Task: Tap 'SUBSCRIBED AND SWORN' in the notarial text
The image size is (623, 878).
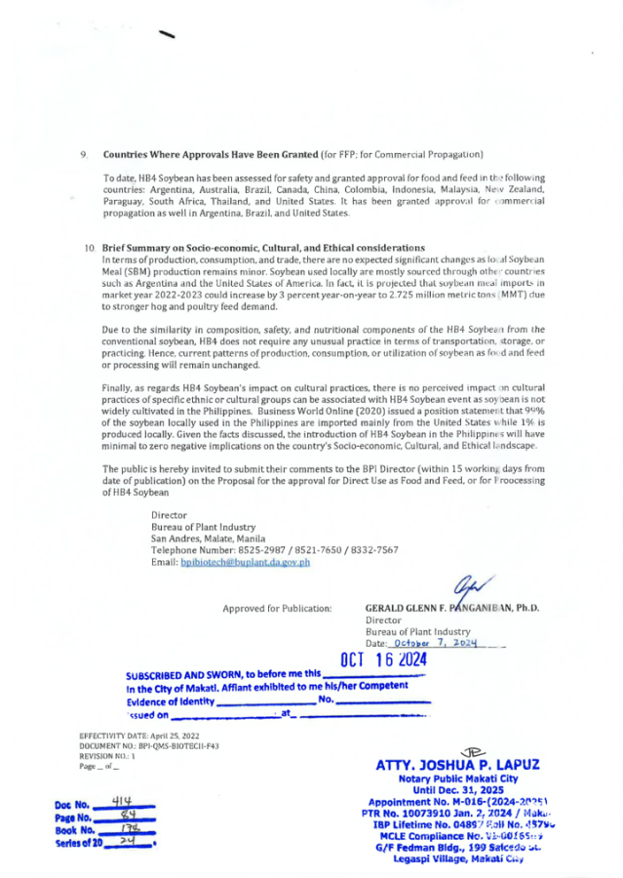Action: [185, 674]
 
